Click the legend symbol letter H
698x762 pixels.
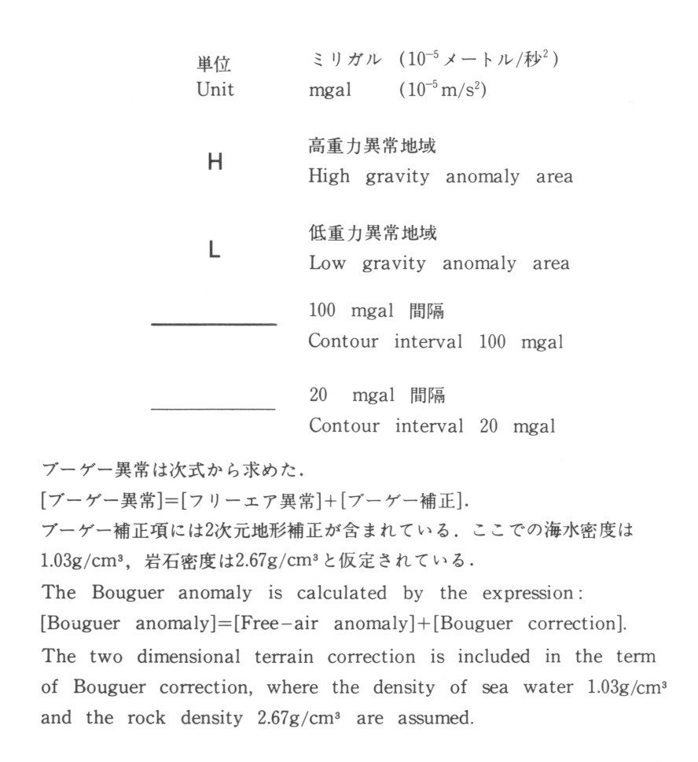215,163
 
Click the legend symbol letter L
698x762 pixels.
215,251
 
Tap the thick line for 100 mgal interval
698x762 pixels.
213,324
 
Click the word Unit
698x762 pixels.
215,90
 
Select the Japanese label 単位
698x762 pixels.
215,64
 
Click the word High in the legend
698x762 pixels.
328,177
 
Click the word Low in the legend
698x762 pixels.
326,263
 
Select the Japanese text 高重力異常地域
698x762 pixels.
372,147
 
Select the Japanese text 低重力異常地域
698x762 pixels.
372,234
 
